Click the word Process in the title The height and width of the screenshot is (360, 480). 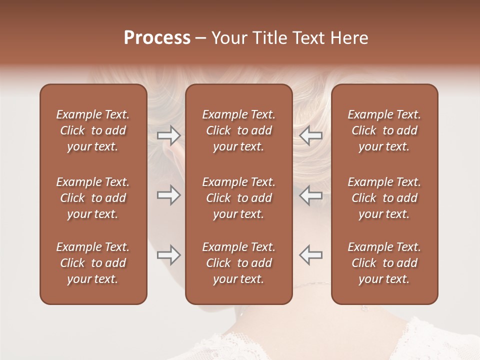tap(157, 38)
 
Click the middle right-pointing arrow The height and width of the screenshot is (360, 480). tap(169, 195)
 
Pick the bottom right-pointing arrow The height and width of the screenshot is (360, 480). tap(169, 255)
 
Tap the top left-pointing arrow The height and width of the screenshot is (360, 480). tap(311, 135)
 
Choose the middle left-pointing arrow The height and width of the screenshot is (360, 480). tap(311, 195)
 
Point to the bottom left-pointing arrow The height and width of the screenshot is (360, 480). tap(311, 255)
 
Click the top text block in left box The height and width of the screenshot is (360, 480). tap(93, 130)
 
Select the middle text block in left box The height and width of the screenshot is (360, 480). tap(93, 198)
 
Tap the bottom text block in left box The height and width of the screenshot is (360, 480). tap(93, 263)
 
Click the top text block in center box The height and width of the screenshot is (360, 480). tap(238, 130)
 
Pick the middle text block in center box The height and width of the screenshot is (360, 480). tap(238, 198)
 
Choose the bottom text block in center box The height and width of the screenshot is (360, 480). tap(238, 263)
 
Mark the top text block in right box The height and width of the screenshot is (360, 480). tap(384, 130)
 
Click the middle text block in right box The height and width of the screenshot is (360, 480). tap(384, 198)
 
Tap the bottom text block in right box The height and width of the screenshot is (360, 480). tap(384, 263)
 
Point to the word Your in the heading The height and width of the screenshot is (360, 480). tap(227, 38)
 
